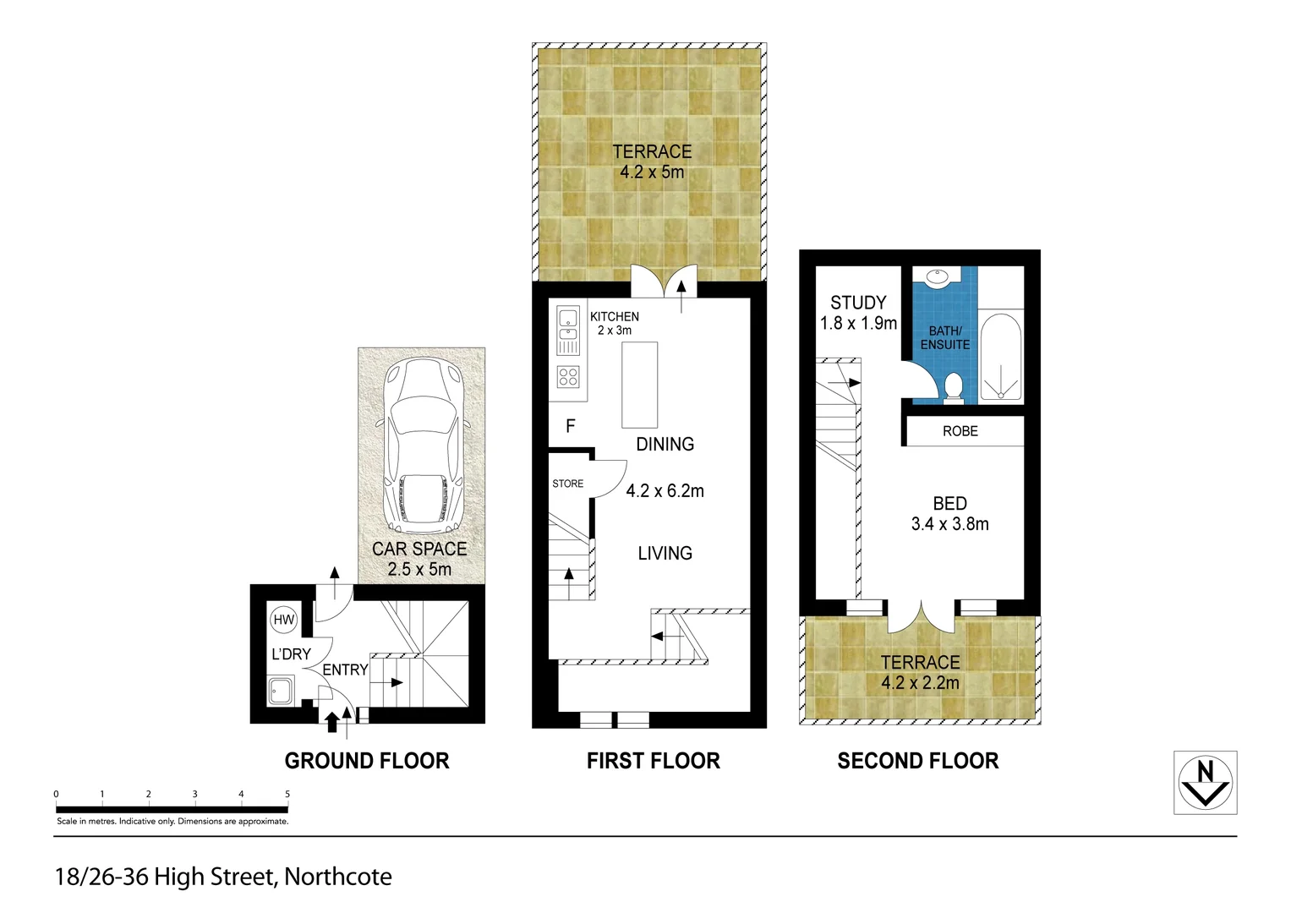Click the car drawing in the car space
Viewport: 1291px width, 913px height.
(422, 443)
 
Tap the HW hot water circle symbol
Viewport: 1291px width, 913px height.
(284, 620)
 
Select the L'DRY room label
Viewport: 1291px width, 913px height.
(291, 654)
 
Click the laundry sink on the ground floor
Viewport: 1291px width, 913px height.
(281, 691)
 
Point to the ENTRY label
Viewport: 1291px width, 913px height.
(345, 670)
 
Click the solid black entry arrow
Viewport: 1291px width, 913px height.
(332, 721)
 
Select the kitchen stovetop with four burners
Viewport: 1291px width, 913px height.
(568, 377)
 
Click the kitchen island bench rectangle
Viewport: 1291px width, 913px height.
(640, 385)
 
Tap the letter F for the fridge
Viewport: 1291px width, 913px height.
(571, 426)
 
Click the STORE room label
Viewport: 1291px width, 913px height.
(567, 484)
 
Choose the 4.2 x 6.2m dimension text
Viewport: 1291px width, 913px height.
(665, 491)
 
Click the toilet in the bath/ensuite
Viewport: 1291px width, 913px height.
(954, 387)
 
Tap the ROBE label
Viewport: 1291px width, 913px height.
(960, 431)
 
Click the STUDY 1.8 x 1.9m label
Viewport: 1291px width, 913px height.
(858, 313)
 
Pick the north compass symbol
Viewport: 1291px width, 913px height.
(1205, 783)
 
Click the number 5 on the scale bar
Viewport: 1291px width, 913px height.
(287, 794)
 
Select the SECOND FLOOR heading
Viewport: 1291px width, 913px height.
(917, 761)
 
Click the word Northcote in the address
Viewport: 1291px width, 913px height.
(337, 877)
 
